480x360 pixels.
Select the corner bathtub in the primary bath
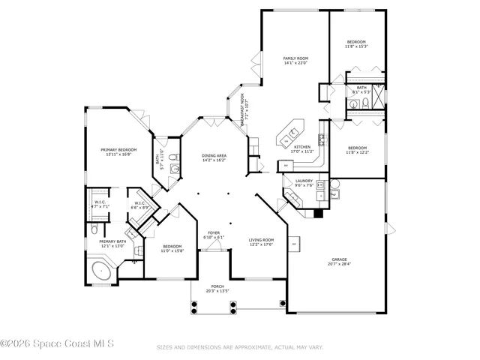(x=100, y=271)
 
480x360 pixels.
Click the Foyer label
(x=214, y=235)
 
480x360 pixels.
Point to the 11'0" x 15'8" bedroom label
(x=172, y=248)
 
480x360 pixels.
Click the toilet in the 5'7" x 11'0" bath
(x=172, y=157)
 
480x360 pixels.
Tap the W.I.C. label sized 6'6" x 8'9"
(x=140, y=205)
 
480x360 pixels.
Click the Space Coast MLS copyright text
(x=57, y=345)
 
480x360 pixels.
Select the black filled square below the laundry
(x=319, y=213)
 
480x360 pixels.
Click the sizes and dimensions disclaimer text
(x=239, y=347)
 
